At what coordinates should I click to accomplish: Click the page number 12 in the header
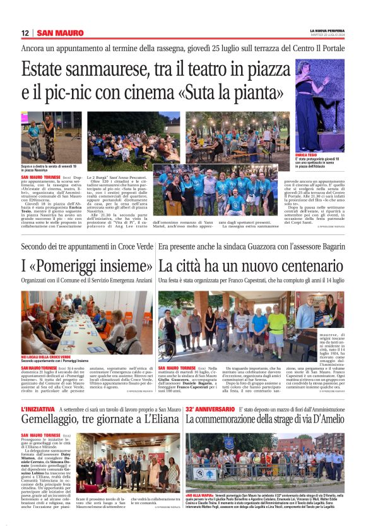pyautogui.click(x=25, y=33)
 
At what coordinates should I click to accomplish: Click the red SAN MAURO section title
pyautogui.click(x=60, y=33)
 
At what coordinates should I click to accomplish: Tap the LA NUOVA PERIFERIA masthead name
pyautogui.click(x=327, y=30)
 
